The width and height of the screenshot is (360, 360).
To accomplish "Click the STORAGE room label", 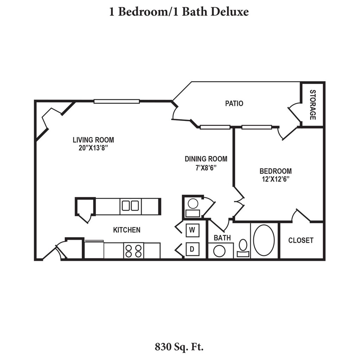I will click(312, 104).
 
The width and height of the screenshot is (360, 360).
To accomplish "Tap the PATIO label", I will click(234, 103).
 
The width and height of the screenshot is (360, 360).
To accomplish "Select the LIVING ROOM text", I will click(93, 140).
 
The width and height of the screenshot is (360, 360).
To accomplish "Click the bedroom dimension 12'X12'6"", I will click(276, 179).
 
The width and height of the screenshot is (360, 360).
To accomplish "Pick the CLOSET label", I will click(301, 240).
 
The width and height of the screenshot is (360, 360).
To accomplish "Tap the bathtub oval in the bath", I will click(264, 240).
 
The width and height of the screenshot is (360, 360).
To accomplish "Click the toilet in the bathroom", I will click(243, 246).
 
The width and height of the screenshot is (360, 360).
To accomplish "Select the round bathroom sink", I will click(220, 251).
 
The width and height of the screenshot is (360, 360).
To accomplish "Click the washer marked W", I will click(192, 230).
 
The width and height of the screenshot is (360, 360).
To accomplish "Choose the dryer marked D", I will click(192, 249).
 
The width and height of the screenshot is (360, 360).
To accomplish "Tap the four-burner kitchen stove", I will click(134, 251).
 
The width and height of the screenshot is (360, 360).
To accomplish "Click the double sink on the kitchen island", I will click(130, 206).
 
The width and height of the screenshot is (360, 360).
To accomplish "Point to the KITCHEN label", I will click(127, 230).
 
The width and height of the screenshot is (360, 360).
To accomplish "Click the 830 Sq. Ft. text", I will click(179, 347).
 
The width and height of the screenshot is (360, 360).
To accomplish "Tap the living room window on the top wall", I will click(117, 102).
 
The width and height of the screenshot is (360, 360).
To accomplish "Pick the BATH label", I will click(222, 238).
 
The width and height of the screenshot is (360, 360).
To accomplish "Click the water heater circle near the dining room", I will click(193, 203).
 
